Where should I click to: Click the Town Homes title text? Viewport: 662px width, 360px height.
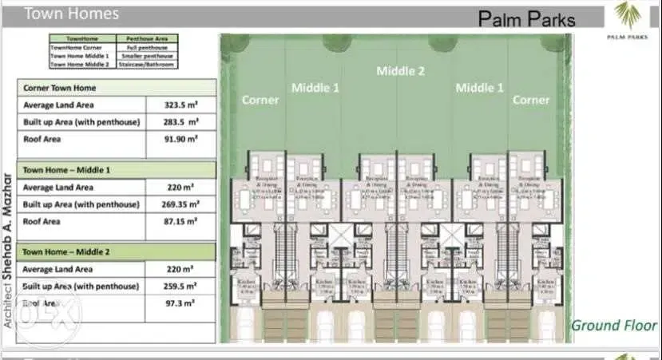pos(72,14)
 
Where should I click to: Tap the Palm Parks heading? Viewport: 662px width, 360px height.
pos(527,18)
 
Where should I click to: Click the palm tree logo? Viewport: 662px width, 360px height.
pos(627,14)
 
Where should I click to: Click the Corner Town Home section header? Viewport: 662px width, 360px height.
pos(60,87)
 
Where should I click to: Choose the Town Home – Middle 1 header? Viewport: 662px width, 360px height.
pos(66,170)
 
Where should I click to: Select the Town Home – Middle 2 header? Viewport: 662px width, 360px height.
pos(66,252)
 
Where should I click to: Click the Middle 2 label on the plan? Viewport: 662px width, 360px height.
pos(400,71)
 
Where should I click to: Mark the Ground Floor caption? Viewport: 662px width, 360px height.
pos(613,325)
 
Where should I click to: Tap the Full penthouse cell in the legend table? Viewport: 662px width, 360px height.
pos(146,47)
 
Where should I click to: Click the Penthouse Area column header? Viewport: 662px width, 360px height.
pos(146,38)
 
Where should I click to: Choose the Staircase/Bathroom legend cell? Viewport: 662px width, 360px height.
pos(146,65)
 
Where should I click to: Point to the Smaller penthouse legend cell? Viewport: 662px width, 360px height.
pos(146,56)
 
